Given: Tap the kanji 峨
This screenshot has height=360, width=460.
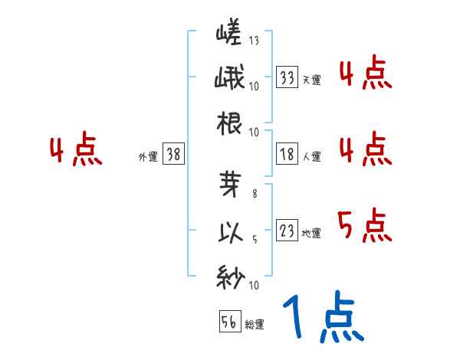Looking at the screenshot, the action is point(230,78).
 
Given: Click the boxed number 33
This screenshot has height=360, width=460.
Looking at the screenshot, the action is point(287,78).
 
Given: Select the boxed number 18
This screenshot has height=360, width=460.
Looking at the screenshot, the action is point(287,155).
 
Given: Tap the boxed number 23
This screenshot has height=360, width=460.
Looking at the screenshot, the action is point(287,231).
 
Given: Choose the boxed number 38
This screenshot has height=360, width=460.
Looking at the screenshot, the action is point(173,155).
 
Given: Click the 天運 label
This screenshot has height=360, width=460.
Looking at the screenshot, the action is point(311,80).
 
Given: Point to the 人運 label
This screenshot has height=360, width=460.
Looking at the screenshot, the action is point(311,156).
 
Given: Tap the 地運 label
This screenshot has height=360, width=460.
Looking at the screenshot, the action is point(311,233).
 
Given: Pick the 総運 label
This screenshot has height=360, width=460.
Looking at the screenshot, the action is point(255,324).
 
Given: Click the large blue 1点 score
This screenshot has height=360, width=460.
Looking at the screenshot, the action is point(322,318).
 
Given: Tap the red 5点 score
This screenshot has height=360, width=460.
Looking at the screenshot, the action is point(364,225).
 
